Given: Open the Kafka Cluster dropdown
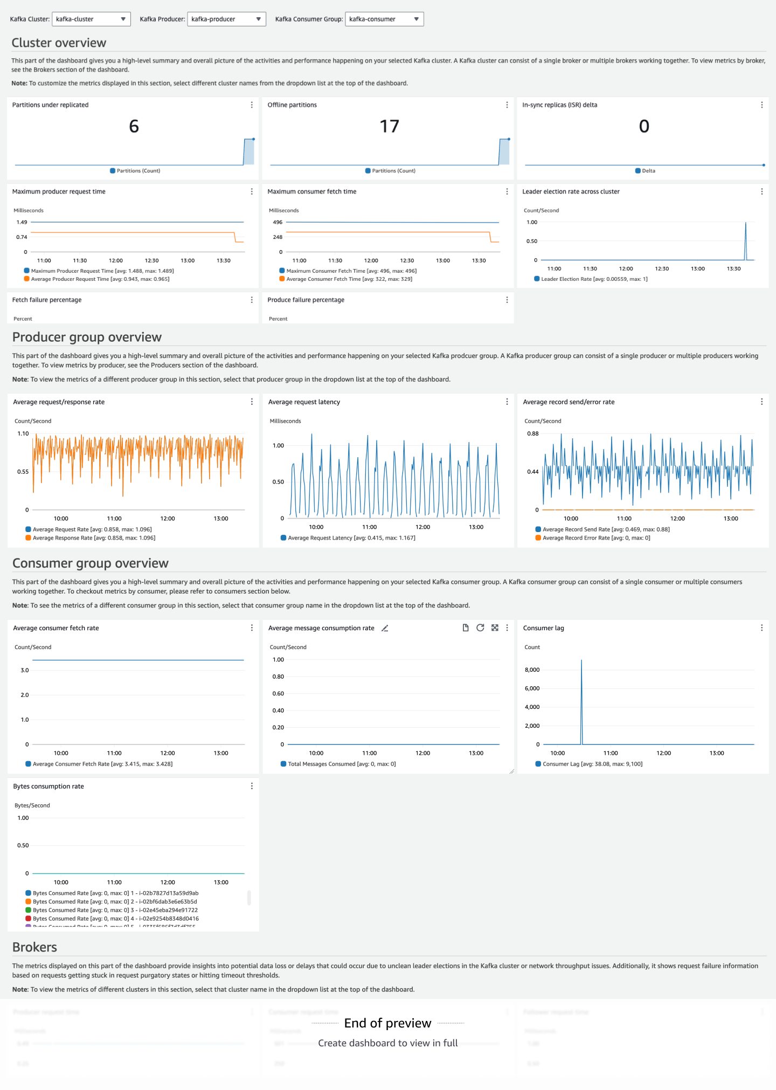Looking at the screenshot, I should coord(91,19).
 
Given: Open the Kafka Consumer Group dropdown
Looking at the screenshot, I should coord(384,19).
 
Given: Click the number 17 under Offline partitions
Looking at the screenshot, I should coord(389,126).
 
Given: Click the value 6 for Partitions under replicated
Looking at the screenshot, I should coord(134,126).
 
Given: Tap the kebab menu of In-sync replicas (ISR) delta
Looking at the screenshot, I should coord(761,105).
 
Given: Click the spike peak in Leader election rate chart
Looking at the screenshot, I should coord(746,223).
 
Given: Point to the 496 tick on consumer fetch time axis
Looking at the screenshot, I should coord(278,222).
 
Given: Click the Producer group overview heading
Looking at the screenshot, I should coord(87,337).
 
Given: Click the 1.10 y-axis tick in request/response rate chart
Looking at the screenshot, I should coord(23,433).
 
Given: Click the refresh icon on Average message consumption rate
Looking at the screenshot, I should coord(480,627).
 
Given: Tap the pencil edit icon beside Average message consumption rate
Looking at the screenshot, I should coord(385,628).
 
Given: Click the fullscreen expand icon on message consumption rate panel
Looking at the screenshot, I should coord(495,627).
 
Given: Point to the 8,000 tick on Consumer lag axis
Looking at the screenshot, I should coord(532,670).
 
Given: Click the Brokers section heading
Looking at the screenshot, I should coord(34,947).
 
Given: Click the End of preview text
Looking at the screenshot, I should coord(387,1023).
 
